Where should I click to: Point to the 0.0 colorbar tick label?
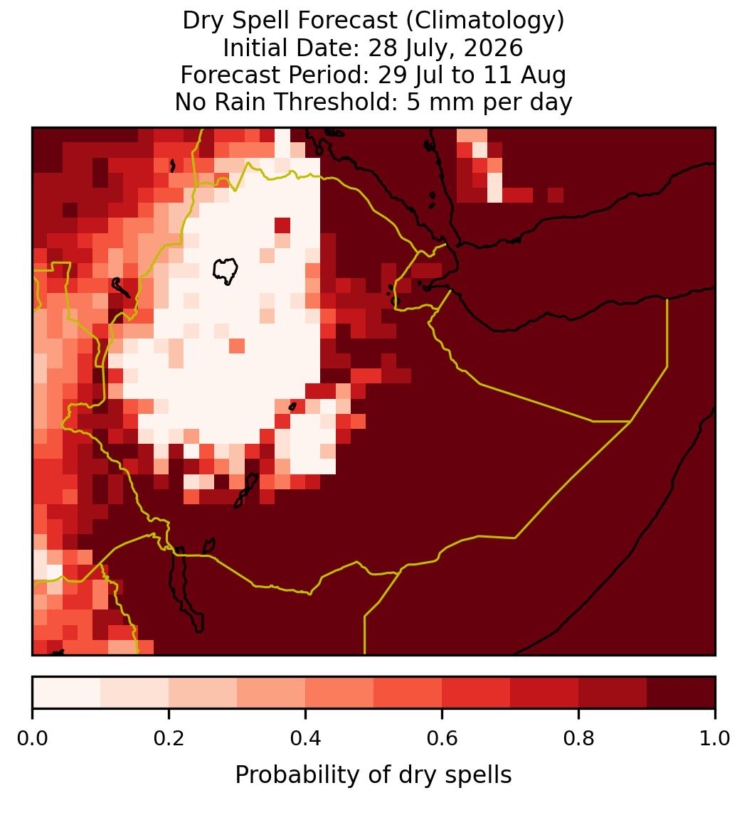(x=32, y=738)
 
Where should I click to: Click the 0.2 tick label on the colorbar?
(x=169, y=738)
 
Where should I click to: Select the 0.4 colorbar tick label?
(x=306, y=738)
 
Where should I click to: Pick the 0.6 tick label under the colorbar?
(x=442, y=738)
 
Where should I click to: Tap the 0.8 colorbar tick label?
(x=578, y=738)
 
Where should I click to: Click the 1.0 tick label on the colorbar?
(x=715, y=738)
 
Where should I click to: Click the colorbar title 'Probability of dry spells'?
(x=373, y=775)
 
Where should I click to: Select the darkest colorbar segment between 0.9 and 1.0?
(x=681, y=693)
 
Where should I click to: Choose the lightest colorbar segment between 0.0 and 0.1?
(x=67, y=693)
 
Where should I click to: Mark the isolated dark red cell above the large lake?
(x=282, y=225)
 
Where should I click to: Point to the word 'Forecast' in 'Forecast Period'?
(x=231, y=75)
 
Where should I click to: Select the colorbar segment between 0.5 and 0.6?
(x=408, y=693)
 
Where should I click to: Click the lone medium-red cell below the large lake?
(x=236, y=346)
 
